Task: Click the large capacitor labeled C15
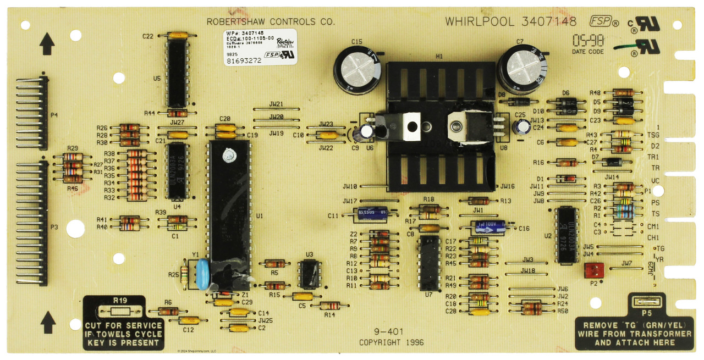tap(357, 69)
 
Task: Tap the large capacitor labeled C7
tap(522, 67)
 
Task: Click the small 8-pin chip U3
tap(309, 274)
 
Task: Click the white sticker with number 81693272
tap(260, 47)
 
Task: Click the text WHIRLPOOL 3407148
tap(510, 22)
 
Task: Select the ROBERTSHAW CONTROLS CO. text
tap(270, 22)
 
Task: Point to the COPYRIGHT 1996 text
tap(392, 342)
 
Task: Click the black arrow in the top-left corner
tap(47, 43)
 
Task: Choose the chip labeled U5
tap(177, 74)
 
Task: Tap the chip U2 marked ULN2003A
tap(565, 235)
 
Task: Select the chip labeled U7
tap(430, 263)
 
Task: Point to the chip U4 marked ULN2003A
tap(177, 170)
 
